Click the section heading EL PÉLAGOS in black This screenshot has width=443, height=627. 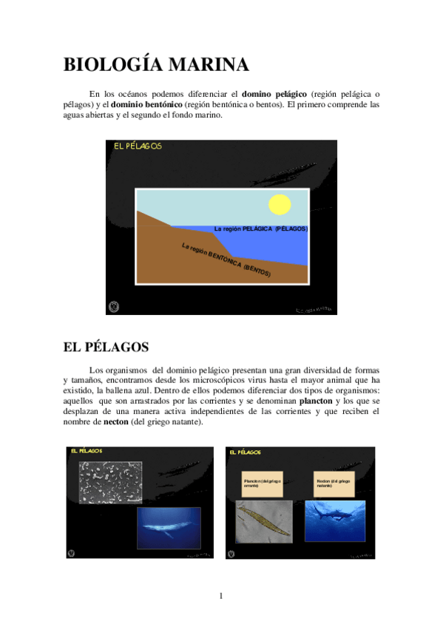[x=106, y=346]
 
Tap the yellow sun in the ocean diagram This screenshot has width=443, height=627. [x=280, y=203]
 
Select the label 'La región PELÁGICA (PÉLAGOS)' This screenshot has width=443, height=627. [x=260, y=229]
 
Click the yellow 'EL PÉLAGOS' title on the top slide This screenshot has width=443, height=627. [x=138, y=146]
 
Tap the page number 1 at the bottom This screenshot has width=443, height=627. [x=220, y=596]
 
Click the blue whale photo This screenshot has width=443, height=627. [x=169, y=527]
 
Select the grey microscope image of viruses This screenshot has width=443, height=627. [x=110, y=483]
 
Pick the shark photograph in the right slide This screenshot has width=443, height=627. [x=335, y=521]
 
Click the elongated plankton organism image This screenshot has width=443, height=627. [x=264, y=523]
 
